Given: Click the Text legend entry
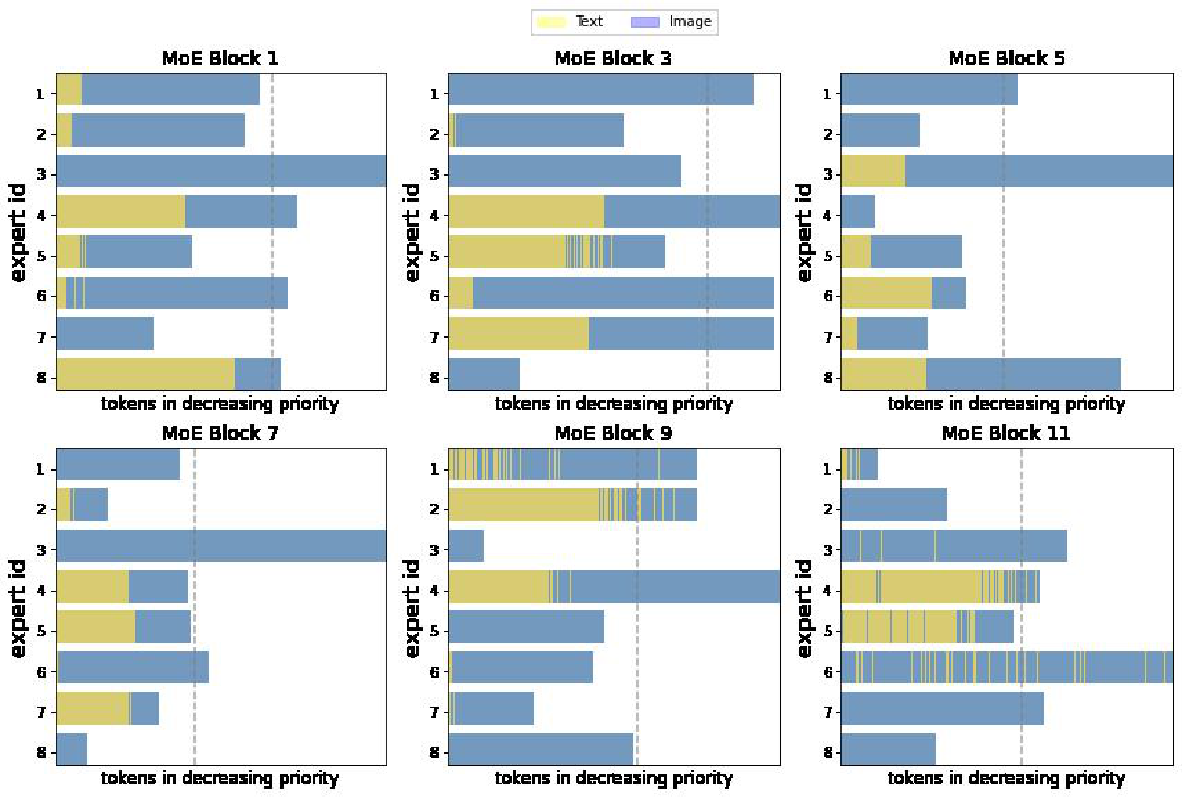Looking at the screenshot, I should click(x=570, y=22).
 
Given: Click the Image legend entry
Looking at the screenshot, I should click(x=671, y=22).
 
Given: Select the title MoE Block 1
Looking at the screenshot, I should click(x=220, y=58).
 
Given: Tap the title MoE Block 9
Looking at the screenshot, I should click(x=613, y=433).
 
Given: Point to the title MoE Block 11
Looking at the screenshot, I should click(x=1006, y=433).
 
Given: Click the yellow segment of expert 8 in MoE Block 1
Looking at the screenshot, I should click(x=145, y=374).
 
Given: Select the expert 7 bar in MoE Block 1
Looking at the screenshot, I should click(x=105, y=333).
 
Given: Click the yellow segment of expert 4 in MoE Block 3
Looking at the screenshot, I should click(x=526, y=212).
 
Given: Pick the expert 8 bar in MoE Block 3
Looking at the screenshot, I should click(x=484, y=374).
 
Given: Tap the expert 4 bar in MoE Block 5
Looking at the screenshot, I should click(x=858, y=212).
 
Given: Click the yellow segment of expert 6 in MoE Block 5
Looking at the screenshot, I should click(x=886, y=293).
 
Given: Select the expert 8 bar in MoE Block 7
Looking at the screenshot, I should click(x=72, y=749).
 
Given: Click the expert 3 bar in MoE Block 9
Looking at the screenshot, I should click(x=466, y=546).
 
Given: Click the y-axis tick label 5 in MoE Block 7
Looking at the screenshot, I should click(x=41, y=631).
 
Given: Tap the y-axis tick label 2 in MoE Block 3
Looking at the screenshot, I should click(x=434, y=134).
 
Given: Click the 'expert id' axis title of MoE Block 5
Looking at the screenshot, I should click(x=804, y=232).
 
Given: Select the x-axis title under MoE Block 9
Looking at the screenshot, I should click(x=613, y=778).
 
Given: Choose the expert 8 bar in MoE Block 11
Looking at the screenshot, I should click(x=888, y=749).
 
